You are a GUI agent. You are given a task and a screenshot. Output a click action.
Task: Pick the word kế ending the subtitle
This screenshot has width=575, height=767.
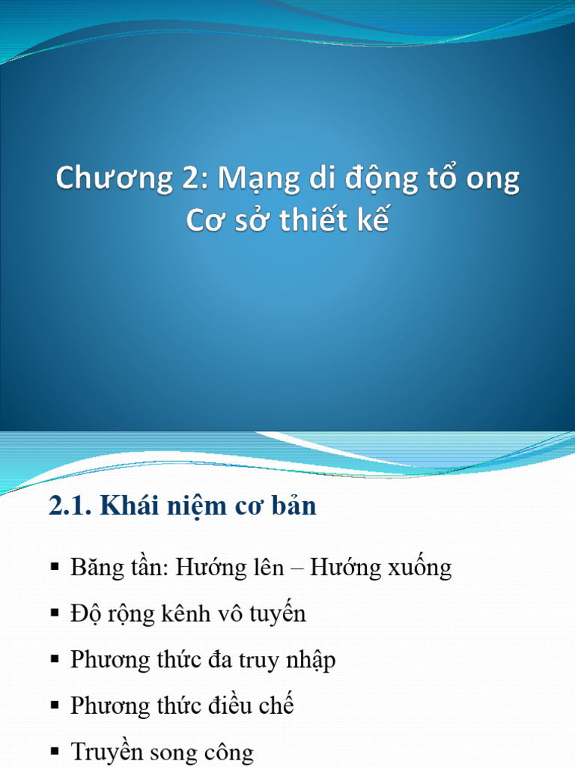coord(373,221)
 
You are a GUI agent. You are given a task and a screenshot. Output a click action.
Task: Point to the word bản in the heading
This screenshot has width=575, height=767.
coord(292,506)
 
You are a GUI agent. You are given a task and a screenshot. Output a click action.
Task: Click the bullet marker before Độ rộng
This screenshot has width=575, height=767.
coord(55,614)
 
